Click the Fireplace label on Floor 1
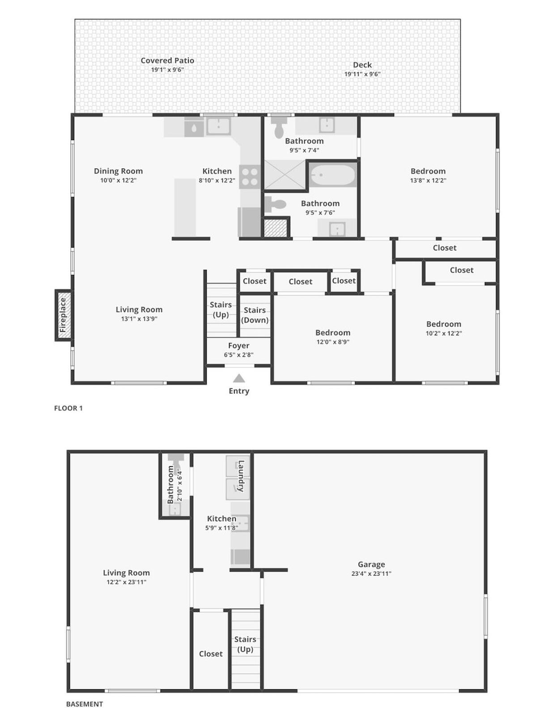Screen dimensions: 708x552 [63, 315]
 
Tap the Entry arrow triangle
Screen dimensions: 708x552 [239, 379]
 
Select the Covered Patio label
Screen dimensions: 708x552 [167, 60]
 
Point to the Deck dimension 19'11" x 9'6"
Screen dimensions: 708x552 [362, 74]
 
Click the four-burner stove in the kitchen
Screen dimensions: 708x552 [250, 177]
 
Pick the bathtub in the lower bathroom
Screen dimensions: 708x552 [332, 175]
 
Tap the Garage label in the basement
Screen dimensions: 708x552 [371, 565]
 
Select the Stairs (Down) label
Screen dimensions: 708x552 [255, 315]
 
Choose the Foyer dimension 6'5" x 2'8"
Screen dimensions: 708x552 [238, 355]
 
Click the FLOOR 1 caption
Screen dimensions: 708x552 [68, 408]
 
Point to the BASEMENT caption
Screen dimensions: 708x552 [85, 704]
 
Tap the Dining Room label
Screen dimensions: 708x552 [118, 171]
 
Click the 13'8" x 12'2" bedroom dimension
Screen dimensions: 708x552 [428, 181]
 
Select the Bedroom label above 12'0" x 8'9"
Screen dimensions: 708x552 [332, 333]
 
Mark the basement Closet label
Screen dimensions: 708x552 [210, 654]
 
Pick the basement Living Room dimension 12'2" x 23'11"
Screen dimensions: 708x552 [126, 582]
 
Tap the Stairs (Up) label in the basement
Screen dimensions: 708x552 [245, 644]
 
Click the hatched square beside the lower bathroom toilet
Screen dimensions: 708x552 [275, 228]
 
